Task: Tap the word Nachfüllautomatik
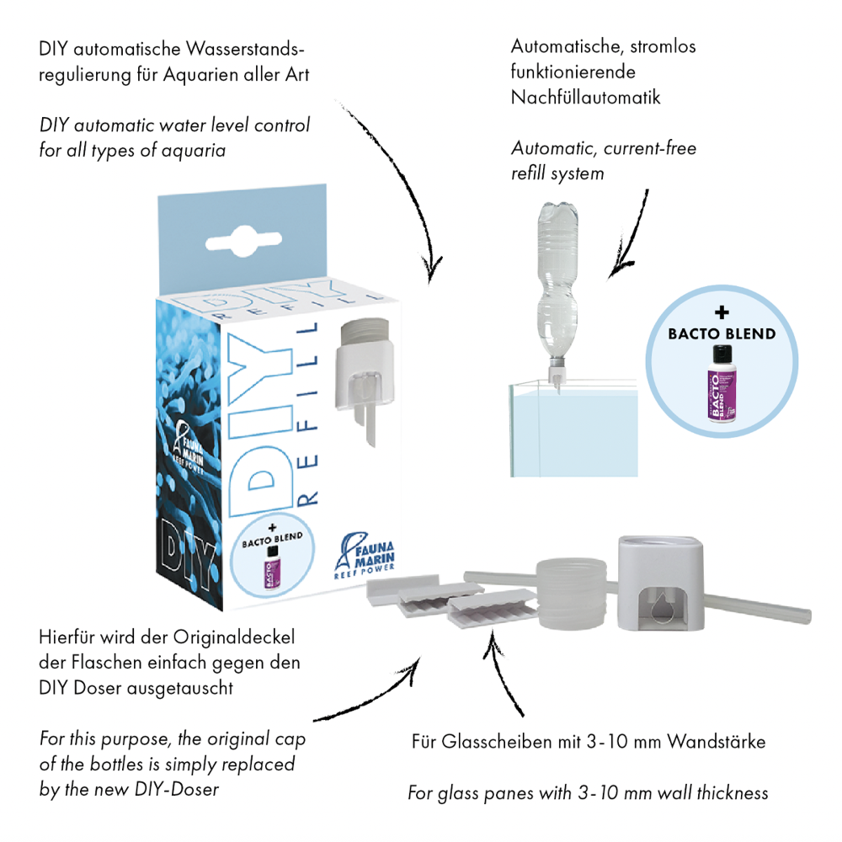(585, 98)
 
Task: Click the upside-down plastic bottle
(557, 287)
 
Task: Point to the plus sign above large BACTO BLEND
(721, 314)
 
